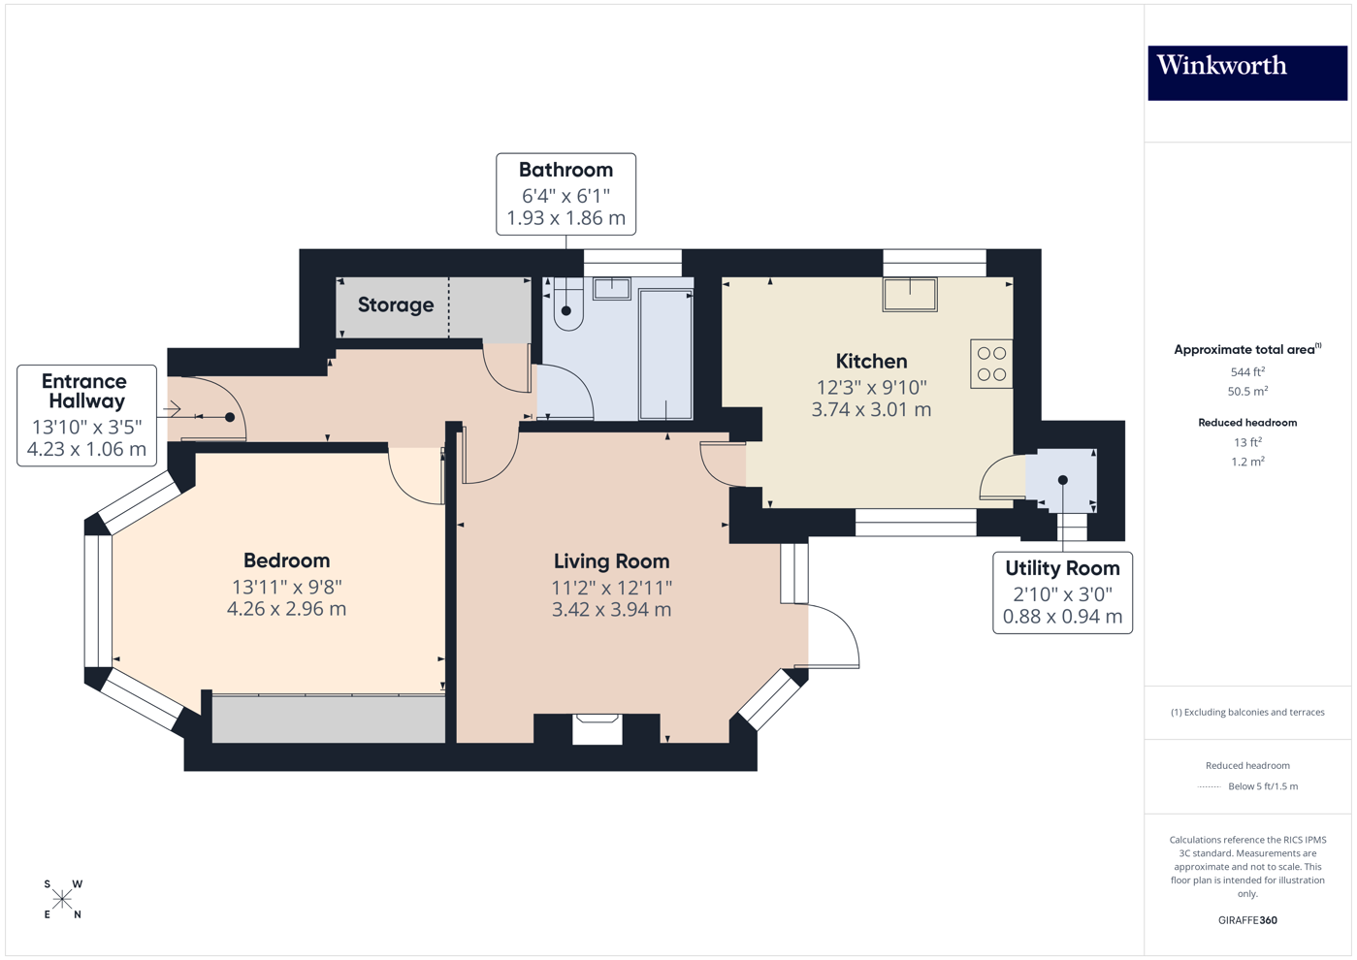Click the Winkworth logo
[x=1246, y=72]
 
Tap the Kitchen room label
[x=871, y=362]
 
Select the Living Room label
[x=611, y=561]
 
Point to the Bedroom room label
[x=286, y=560]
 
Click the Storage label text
[x=396, y=305]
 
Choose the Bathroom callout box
[x=565, y=194]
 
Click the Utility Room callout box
[x=1062, y=592]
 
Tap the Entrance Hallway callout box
[x=86, y=415]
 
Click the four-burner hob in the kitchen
[x=991, y=364]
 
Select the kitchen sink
[x=910, y=294]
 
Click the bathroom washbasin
[x=612, y=288]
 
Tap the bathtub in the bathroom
[x=665, y=354]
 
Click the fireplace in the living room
[x=597, y=728]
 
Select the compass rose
[x=63, y=900]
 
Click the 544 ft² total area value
[x=1247, y=372]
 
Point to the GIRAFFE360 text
[x=1247, y=920]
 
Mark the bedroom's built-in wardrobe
[x=328, y=719]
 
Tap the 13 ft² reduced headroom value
[x=1247, y=442]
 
